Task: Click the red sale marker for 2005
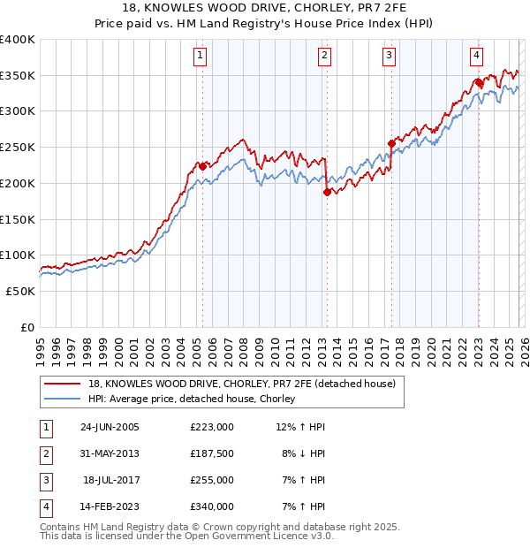(203, 166)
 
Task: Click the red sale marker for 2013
(327, 192)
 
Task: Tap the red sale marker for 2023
(478, 82)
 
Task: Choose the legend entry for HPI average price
(196, 400)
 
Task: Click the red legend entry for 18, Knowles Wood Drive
(246, 384)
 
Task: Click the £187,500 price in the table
(211, 453)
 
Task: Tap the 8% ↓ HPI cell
(304, 453)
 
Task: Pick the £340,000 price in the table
(211, 506)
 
